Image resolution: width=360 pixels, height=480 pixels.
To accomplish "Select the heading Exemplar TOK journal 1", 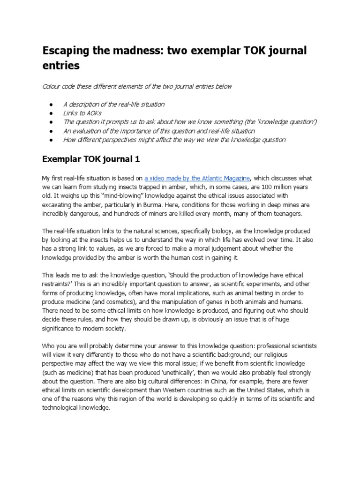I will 91,159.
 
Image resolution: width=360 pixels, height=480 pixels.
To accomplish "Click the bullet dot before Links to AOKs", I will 50,113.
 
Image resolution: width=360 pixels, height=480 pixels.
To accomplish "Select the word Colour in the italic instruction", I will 52,87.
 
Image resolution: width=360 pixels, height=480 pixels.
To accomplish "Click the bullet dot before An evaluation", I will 50,131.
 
